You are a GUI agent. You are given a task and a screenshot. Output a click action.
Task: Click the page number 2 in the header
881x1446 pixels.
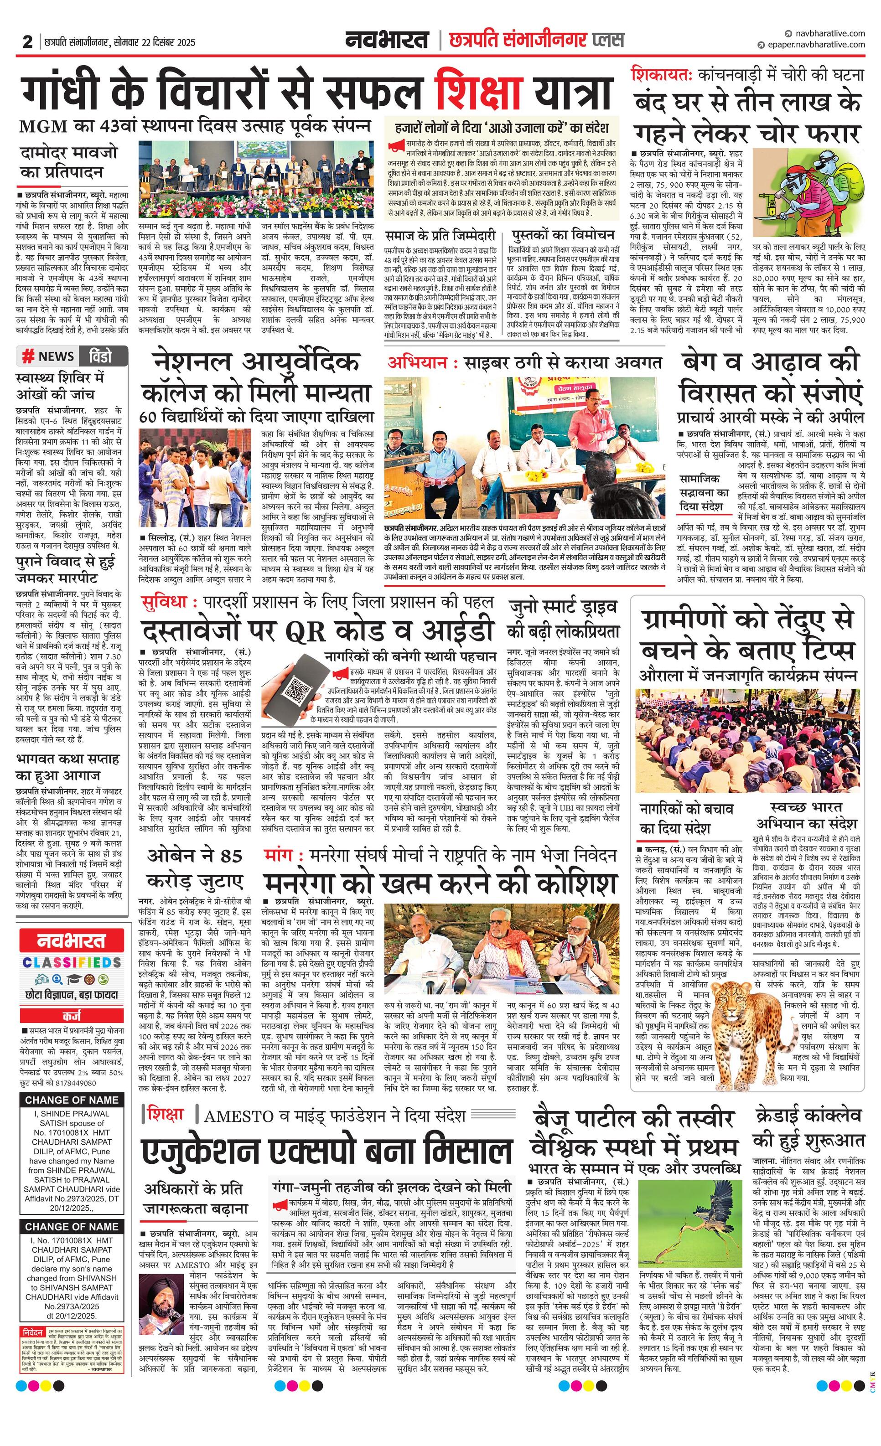tap(27, 41)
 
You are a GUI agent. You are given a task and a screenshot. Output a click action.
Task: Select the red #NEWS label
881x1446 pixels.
tap(48, 356)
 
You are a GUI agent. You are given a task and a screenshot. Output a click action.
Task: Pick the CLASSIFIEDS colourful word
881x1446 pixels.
tap(72, 962)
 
